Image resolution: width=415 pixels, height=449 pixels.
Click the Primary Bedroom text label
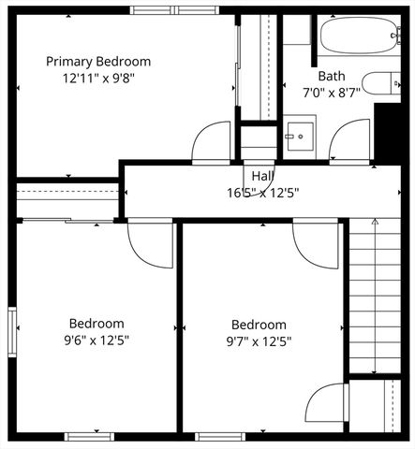(98, 62)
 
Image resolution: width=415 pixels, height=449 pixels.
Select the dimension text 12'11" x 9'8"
(98, 79)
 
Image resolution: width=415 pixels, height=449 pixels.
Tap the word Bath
(331, 77)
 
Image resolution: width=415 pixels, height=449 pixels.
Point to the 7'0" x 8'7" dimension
(331, 93)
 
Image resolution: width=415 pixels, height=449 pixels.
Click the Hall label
(262, 175)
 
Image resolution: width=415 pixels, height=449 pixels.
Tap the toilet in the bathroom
(380, 83)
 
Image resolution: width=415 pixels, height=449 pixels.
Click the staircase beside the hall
(375, 295)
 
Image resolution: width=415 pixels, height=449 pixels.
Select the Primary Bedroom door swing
(211, 142)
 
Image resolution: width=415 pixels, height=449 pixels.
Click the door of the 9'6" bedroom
(150, 243)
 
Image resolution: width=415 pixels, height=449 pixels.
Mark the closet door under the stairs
(326, 403)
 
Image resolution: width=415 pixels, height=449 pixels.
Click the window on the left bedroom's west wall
(12, 332)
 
